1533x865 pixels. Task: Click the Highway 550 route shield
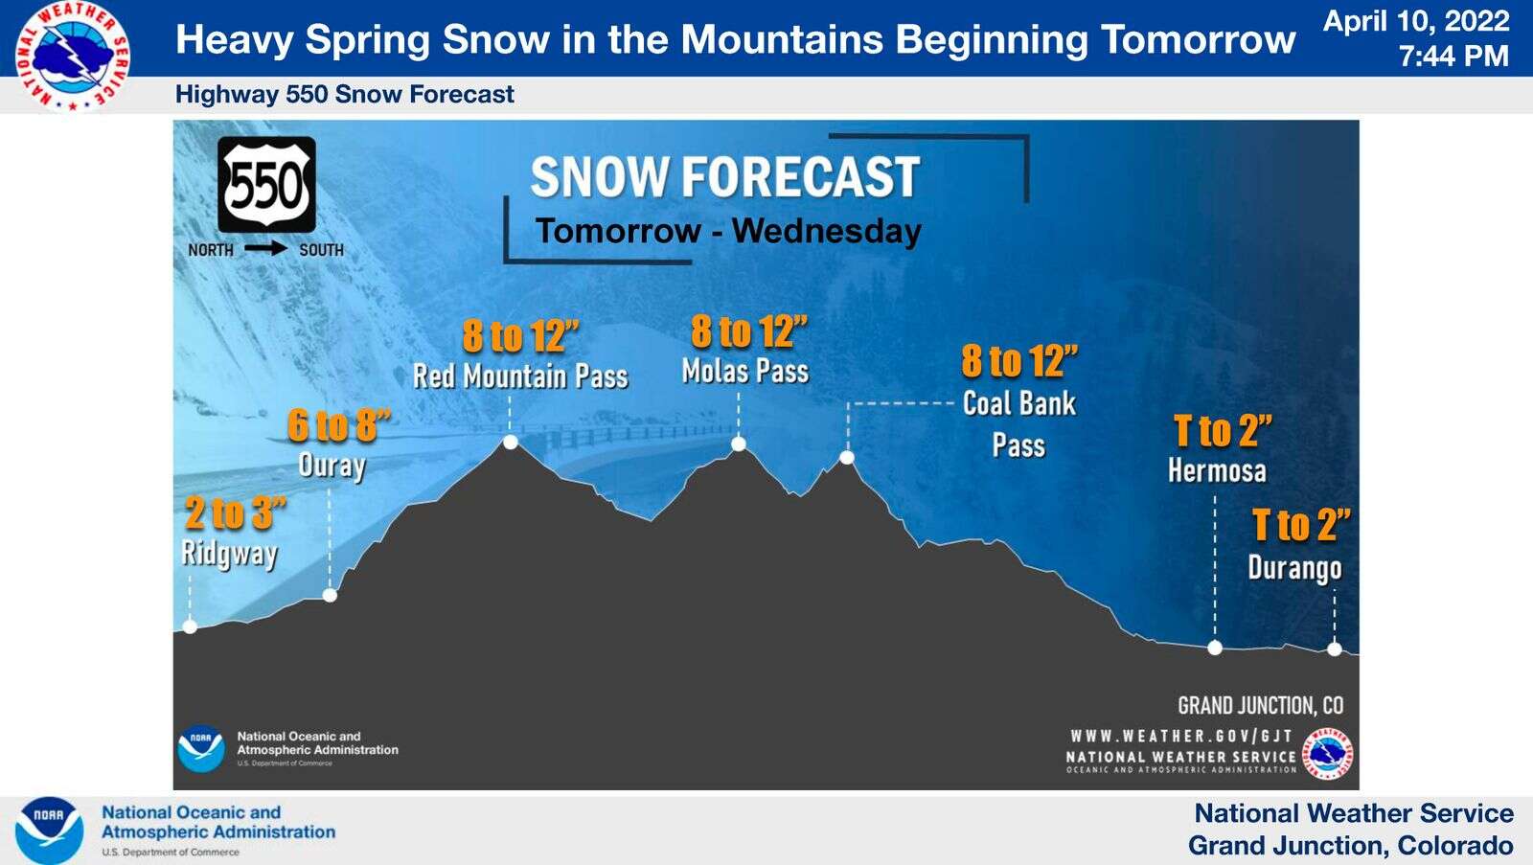[x=267, y=184]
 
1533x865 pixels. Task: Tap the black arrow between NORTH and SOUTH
[x=266, y=248]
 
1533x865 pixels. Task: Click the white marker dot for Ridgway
[x=191, y=626]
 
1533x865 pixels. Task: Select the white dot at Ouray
[x=330, y=595]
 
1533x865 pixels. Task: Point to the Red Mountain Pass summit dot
[x=510, y=443]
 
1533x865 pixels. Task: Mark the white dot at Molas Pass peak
[x=739, y=444]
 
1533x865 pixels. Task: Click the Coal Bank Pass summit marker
[x=847, y=457]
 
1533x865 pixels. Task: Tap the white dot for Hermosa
[x=1215, y=648]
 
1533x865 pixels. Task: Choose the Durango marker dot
[x=1335, y=649]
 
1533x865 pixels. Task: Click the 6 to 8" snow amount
[x=339, y=425]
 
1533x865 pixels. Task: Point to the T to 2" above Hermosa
[x=1223, y=430]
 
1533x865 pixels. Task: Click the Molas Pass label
[x=745, y=372]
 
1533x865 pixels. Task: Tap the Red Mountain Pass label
[x=520, y=376]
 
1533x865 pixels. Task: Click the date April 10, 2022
[x=1416, y=21]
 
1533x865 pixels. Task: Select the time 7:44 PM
[x=1453, y=56]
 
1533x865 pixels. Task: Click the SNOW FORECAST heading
[x=725, y=176]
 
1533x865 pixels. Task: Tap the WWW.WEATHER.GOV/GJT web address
[x=1181, y=737]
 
